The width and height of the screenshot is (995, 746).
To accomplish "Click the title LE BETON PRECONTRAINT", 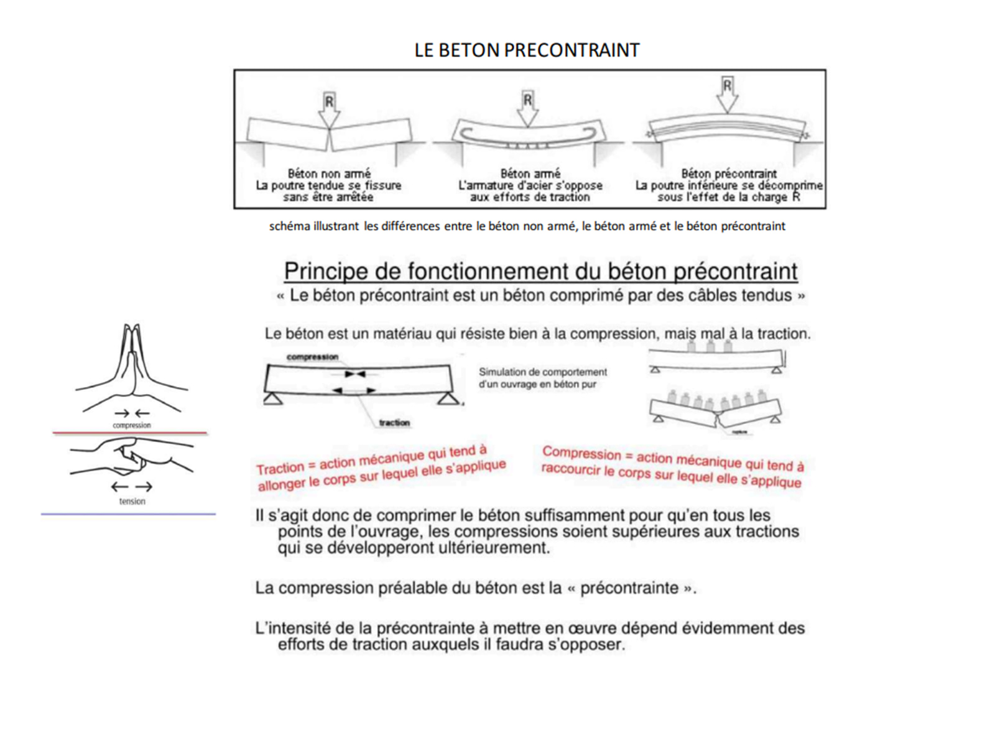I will pos(527,50).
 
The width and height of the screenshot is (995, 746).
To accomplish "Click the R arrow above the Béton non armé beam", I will pos(329,109).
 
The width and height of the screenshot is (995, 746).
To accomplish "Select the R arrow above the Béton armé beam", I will pos(527,108).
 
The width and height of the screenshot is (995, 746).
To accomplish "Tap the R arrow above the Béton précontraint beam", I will pos(727,93).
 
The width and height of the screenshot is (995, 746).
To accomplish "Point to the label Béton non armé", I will pos(329,173).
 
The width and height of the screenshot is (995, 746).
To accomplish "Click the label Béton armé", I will pos(530,173).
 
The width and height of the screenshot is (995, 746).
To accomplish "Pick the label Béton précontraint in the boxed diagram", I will pos(729,173).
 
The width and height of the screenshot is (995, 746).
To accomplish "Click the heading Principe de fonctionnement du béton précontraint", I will pos(540,272).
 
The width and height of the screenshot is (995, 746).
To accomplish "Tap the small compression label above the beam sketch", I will pos(312,357).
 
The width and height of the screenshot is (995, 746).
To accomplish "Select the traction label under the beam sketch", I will pos(394,423).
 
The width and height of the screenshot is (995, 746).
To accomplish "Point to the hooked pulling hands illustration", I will pos(132,459).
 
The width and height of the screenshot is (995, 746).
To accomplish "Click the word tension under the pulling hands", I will pos(132,501).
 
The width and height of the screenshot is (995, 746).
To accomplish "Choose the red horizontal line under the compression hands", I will pos(129,433).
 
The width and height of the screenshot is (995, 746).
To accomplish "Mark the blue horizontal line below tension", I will pos(128,514).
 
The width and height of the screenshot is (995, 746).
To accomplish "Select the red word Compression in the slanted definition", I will pos(581,453).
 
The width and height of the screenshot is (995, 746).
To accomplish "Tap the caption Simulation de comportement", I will pos(542,372).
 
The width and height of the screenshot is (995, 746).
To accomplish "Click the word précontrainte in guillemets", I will pos(629,588).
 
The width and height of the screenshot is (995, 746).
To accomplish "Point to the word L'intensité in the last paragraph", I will pos(293,628).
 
